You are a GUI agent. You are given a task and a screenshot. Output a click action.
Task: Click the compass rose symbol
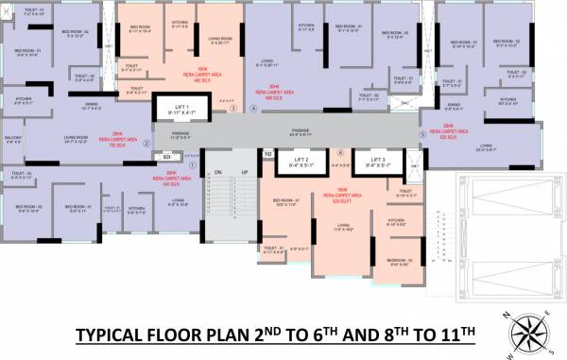[530, 330]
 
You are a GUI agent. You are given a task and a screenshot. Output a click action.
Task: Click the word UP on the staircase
[244, 172]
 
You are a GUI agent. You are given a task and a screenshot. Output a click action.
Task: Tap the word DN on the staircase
[217, 172]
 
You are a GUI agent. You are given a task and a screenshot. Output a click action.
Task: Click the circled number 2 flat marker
[146, 144]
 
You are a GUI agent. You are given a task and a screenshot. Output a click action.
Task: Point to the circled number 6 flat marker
[340, 151]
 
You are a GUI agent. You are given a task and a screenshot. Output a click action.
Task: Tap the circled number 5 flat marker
[422, 134]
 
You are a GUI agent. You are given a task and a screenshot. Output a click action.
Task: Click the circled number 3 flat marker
[232, 109]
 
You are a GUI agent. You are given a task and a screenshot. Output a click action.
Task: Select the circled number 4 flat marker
[253, 109]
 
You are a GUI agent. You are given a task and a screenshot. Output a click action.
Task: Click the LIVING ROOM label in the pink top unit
[218, 39]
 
